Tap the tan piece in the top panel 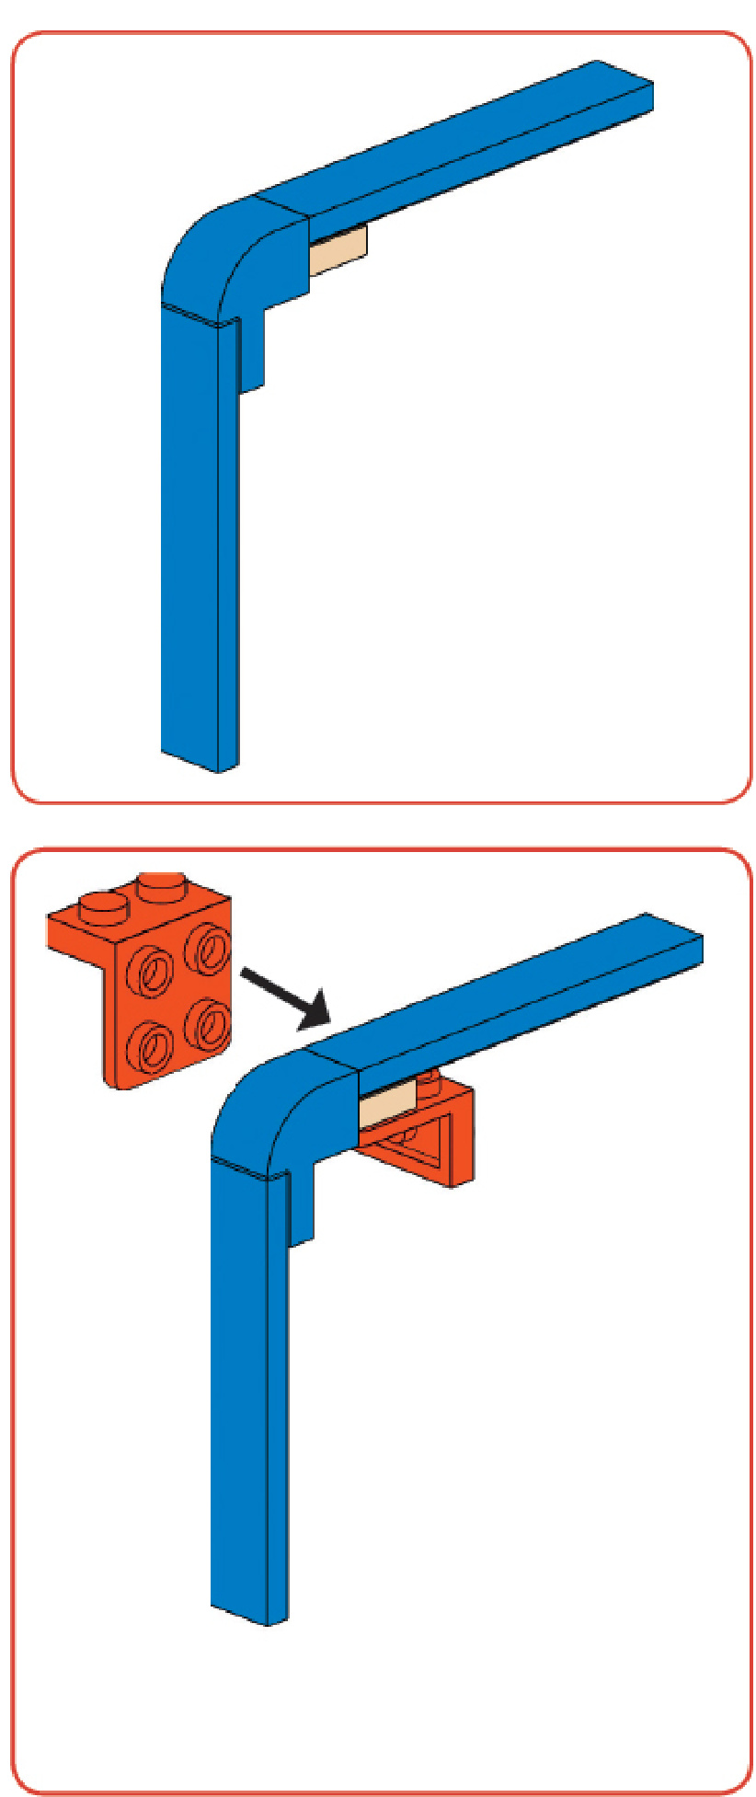coord(338,251)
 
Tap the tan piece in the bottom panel coord(386,1108)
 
